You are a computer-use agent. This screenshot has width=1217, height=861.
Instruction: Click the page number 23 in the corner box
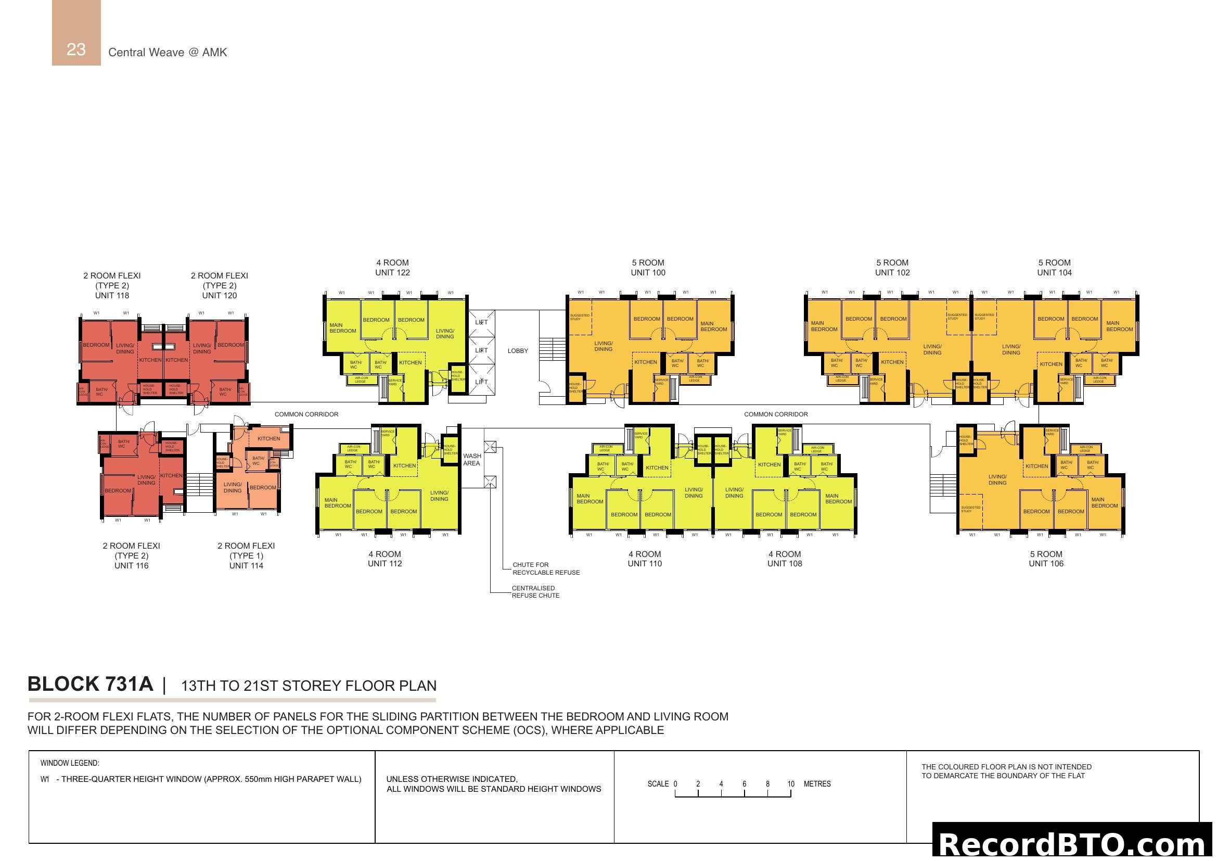[x=76, y=49]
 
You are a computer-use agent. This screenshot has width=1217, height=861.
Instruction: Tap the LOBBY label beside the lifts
[x=517, y=351]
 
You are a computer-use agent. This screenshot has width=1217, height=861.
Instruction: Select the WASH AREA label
[x=472, y=460]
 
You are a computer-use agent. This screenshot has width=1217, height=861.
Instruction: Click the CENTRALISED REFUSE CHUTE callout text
[x=535, y=592]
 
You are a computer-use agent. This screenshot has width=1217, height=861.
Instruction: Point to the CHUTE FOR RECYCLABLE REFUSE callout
[x=546, y=568]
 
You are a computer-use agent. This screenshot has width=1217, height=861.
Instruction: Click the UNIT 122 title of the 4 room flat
[x=392, y=272]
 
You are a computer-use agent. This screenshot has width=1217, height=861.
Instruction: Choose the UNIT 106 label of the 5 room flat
[x=1046, y=564]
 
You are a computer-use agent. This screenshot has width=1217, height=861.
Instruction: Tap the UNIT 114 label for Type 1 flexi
[x=246, y=566]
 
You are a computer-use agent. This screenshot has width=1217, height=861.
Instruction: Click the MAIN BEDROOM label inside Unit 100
[x=713, y=326]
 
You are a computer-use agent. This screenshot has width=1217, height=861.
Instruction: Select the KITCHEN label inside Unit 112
[x=404, y=465]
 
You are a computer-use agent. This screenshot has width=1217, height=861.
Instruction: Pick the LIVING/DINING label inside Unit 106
[x=997, y=480]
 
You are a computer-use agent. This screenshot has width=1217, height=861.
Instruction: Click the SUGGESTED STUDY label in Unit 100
[x=579, y=317]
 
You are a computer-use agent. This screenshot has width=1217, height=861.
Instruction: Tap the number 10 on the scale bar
[x=790, y=783]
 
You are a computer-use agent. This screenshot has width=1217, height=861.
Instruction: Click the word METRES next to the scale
[x=817, y=783]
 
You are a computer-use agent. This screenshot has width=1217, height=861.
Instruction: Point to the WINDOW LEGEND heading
[x=69, y=763]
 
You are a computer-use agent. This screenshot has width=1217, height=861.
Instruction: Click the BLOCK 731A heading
[x=90, y=684]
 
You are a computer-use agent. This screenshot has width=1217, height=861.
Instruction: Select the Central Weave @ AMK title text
[x=168, y=52]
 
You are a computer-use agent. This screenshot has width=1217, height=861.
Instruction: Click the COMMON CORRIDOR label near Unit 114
[x=306, y=414]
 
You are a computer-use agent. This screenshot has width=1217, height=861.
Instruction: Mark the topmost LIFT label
[x=481, y=322]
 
